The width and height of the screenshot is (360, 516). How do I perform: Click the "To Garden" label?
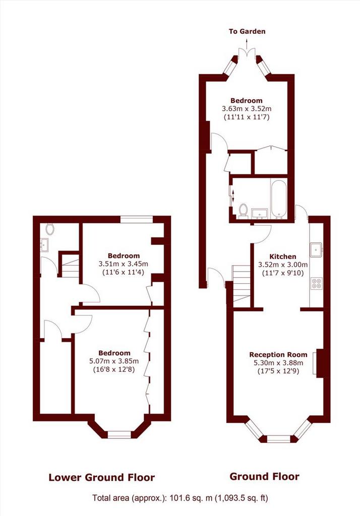point(247,32)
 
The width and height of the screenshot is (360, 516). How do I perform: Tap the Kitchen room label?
point(282,256)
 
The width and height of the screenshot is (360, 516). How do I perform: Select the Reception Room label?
point(278,355)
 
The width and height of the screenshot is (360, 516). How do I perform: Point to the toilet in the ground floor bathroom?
point(244,211)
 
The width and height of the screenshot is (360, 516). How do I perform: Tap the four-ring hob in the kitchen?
point(317,284)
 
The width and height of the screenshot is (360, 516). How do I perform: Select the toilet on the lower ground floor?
point(50,229)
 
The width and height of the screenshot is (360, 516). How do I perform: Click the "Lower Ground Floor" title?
point(101,477)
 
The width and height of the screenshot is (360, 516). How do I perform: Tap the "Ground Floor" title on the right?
point(264,476)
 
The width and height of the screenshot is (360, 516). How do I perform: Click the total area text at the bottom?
point(180,498)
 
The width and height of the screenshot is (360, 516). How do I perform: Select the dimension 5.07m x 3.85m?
point(114,361)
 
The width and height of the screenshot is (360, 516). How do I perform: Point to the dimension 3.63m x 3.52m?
point(247,109)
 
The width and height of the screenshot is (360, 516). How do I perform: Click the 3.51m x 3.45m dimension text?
point(123,264)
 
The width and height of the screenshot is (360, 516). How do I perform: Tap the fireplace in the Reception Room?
point(319,363)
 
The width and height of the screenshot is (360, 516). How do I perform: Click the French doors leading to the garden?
point(247,54)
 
